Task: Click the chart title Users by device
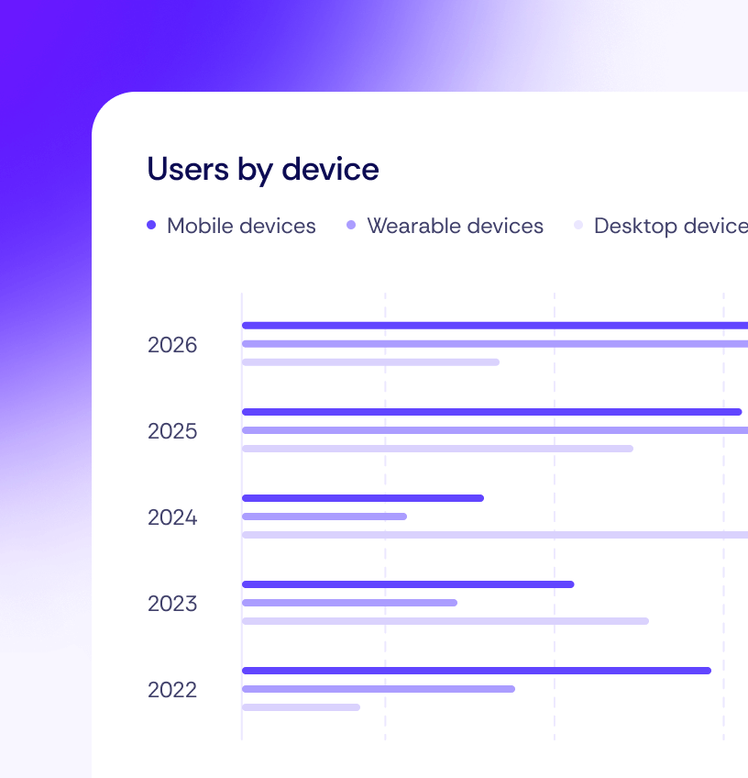[x=263, y=170]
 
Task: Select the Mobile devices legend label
[x=241, y=226]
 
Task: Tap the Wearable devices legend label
[x=455, y=226]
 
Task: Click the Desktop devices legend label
[x=669, y=226]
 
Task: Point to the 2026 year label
[x=172, y=346]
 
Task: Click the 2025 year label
[x=172, y=431]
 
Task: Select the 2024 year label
[x=172, y=517]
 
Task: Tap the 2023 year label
[x=172, y=604]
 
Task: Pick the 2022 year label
[x=172, y=690]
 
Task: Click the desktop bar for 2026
[x=370, y=362]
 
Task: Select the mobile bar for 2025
[x=491, y=412]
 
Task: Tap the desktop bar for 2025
[x=437, y=449]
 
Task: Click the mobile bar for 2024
[x=362, y=498]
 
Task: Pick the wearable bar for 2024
[x=324, y=517]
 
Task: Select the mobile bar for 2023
[x=408, y=584]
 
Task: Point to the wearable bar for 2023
[x=349, y=603]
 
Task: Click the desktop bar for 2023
[x=445, y=621]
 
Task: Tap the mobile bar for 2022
[x=477, y=671]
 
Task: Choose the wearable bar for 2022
[x=378, y=689]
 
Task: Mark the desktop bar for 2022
[x=301, y=707]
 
